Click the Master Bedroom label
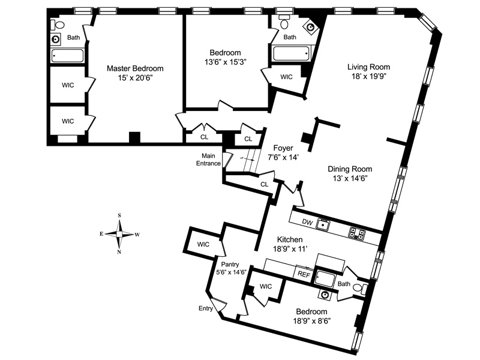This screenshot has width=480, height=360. [135, 68]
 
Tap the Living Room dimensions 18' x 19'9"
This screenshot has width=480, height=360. [368, 76]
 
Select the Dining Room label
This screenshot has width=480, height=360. [350, 169]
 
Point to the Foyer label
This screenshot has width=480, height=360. [283, 148]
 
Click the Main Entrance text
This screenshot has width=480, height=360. [208, 160]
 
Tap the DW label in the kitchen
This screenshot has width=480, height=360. [307, 222]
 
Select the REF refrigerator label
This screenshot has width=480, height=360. [304, 274]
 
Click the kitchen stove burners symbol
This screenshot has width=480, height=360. [357, 233]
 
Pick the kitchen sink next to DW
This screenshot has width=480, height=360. [323, 225]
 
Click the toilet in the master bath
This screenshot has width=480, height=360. [58, 25]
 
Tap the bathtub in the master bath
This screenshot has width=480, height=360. [67, 56]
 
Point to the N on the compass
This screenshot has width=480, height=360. [119, 252]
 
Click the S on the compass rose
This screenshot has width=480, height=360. [119, 215]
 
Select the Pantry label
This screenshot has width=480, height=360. [230, 264]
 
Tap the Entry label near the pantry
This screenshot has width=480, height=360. [205, 308]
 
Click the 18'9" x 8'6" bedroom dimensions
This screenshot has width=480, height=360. [312, 321]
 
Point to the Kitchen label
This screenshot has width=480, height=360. [290, 239]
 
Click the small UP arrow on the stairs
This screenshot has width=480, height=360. [247, 159]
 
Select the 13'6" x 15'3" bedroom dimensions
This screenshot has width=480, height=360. [226, 62]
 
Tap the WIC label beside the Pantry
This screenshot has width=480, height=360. [203, 244]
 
